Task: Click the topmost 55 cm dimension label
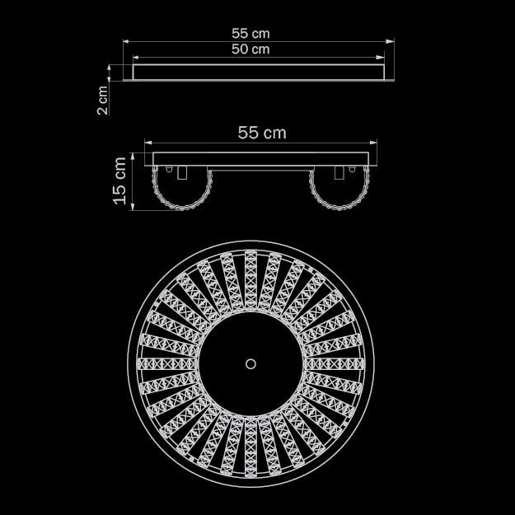coord(250,34)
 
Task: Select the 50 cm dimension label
coord(250,49)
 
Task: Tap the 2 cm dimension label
coord(103,101)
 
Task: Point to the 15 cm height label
coord(119,180)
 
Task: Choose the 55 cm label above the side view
coord(262,133)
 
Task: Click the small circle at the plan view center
coord(250,364)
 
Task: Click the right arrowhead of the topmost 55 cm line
coord(390,41)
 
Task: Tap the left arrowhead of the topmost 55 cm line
coord(128,41)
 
